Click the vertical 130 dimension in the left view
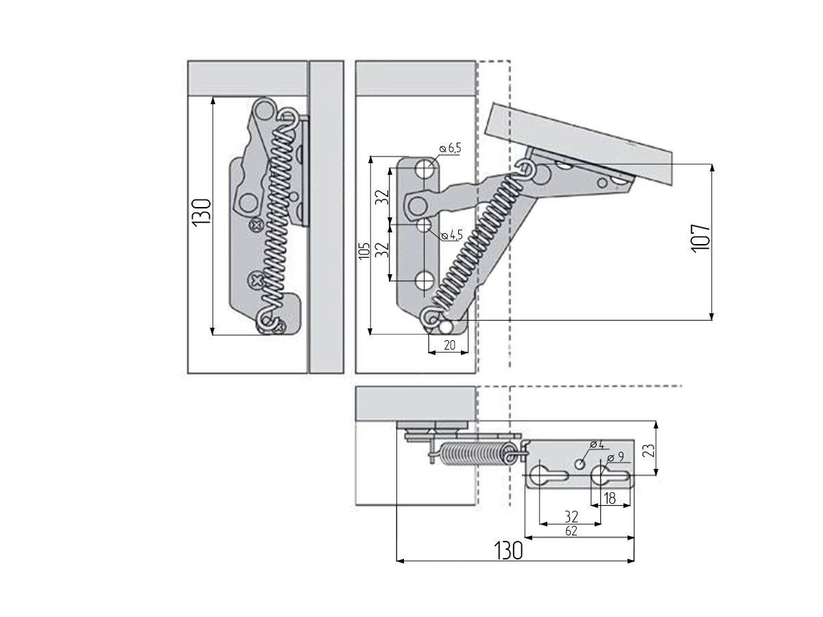point(202,212)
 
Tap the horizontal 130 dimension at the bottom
point(508,551)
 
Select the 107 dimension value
point(700,239)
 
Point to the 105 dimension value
point(364,250)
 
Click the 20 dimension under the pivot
point(449,345)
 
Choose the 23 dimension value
point(649,450)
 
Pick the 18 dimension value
point(610,498)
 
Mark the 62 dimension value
point(571,531)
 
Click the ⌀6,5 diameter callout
point(451,148)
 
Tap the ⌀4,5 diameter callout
point(452,235)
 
